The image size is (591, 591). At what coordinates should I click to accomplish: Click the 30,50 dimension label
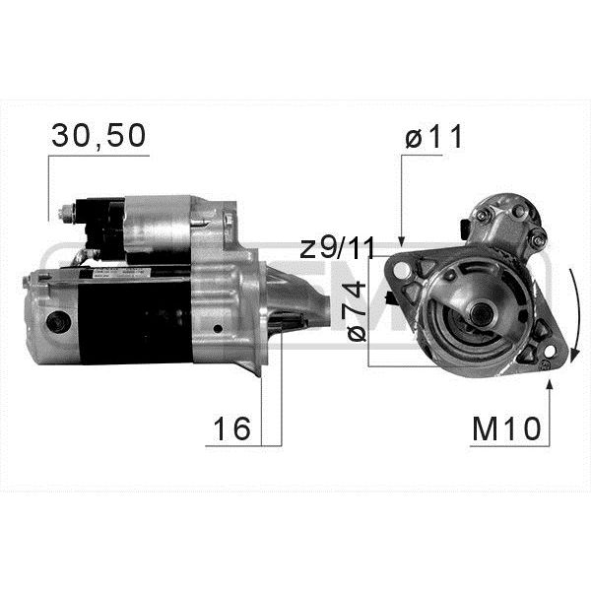tap(98, 137)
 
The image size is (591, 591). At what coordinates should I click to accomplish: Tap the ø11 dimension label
tap(433, 137)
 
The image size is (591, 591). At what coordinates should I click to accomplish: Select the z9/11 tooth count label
tap(337, 248)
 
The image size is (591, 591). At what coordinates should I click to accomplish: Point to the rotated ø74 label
tap(357, 311)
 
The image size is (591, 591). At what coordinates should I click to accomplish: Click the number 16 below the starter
tap(231, 428)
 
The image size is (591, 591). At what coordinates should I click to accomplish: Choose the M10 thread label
tap(506, 429)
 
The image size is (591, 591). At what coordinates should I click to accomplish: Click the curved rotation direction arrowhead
tap(574, 356)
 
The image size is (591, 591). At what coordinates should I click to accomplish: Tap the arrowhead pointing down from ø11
tap(402, 241)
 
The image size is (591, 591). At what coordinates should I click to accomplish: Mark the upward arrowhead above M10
tap(550, 385)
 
